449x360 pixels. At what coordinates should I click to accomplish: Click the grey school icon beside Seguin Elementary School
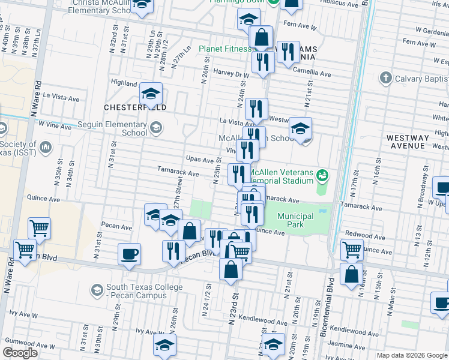point(155,127)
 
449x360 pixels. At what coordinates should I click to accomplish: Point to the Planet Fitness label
point(224,49)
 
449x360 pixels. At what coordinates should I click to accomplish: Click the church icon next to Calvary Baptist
point(385,78)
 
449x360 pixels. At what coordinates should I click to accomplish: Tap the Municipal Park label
point(295,220)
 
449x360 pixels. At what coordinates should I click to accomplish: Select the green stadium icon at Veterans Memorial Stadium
point(322,175)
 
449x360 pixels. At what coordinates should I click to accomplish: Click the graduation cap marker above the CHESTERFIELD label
point(151,93)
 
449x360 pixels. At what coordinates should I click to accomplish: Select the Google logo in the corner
point(20,353)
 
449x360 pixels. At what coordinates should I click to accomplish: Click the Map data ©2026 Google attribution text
point(411,355)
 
